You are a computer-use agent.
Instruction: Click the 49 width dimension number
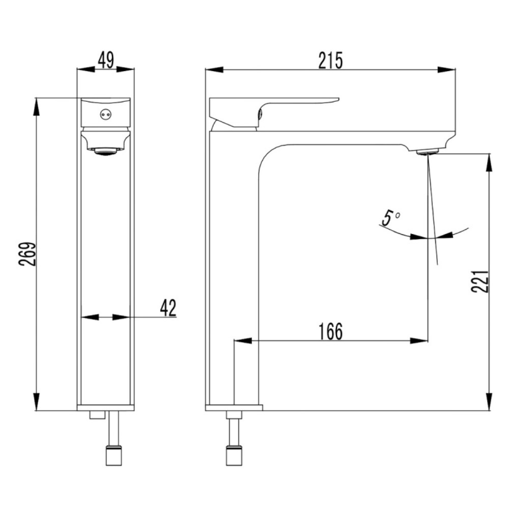point(106,60)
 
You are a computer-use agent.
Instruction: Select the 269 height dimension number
point(27,254)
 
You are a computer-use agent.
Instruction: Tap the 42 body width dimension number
point(168,308)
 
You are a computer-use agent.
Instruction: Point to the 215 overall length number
point(330,61)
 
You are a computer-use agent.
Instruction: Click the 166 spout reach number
point(330,331)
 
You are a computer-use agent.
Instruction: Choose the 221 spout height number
point(480,281)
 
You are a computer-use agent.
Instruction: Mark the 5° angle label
point(390,217)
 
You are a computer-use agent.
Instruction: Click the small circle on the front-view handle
point(105,114)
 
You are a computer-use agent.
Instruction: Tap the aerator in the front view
point(105,151)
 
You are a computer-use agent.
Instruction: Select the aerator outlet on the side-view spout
point(428,151)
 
